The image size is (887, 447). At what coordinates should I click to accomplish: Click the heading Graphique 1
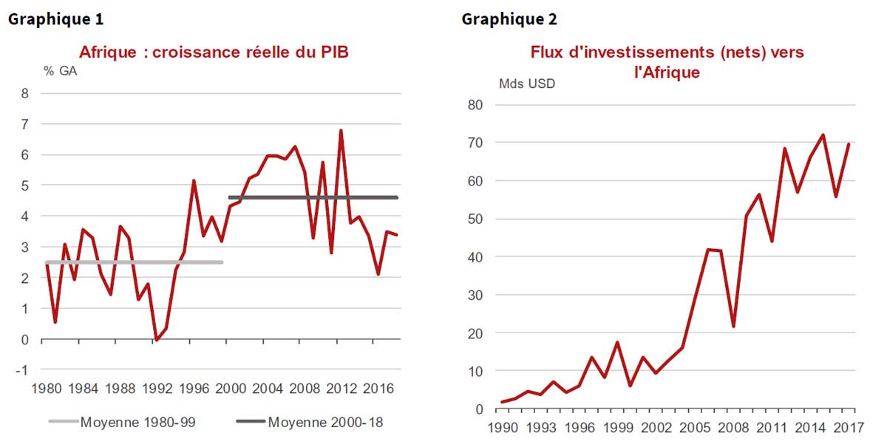55,19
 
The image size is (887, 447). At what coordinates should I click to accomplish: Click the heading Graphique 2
509,19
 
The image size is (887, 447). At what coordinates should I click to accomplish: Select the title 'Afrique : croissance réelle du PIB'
214,52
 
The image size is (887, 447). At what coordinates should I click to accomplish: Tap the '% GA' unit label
61,72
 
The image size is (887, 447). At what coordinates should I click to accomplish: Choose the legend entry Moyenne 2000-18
324,423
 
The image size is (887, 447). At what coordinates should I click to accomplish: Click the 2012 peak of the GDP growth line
341,131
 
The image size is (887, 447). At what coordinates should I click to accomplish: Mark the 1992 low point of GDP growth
156,340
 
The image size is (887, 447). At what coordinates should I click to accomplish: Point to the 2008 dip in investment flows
733,327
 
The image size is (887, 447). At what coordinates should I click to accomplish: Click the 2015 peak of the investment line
823,135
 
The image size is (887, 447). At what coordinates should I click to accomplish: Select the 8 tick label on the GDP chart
25,93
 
